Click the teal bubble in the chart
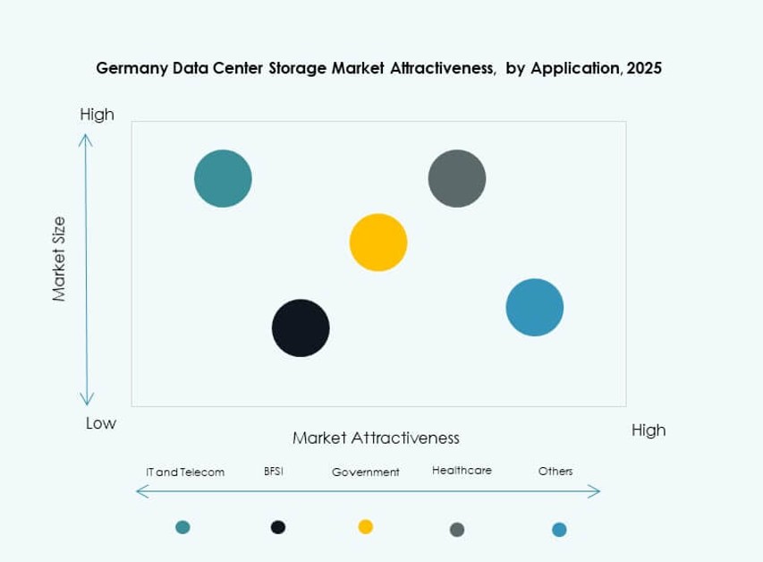tap(223, 178)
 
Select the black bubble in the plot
tap(301, 328)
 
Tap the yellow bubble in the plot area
tap(378, 242)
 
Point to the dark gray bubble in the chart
tap(457, 178)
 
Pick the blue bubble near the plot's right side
tap(535, 307)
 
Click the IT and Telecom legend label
tap(185, 472)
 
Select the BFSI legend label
tap(274, 471)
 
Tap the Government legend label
tap(365, 472)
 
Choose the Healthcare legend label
tap(462, 471)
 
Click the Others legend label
tap(555, 471)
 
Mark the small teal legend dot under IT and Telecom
tap(183, 527)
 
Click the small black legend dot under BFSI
tap(278, 527)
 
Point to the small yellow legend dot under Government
tap(365, 526)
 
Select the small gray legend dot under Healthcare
tap(457, 529)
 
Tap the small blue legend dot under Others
tap(559, 529)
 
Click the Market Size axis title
tap(59, 259)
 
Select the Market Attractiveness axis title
tap(376, 438)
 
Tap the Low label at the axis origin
tap(100, 423)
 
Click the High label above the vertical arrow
tap(97, 115)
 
